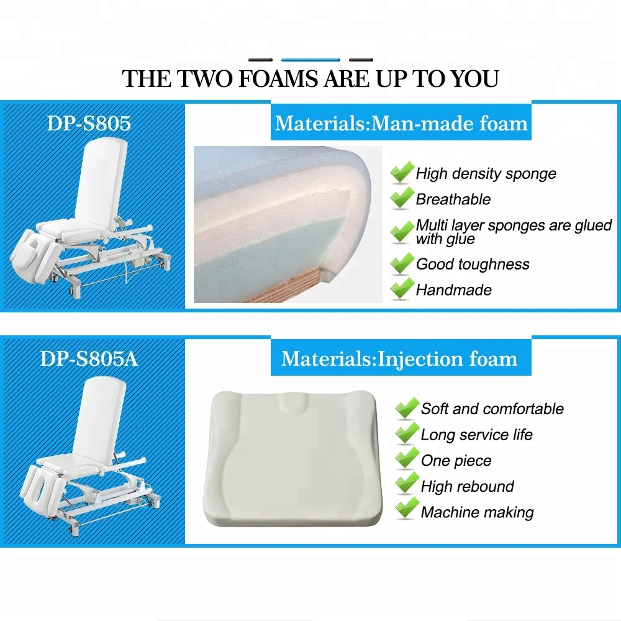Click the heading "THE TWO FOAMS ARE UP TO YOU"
[310, 79]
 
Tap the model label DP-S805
[89, 123]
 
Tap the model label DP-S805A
[89, 358]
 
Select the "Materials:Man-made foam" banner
[401, 123]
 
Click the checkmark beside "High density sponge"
[402, 173]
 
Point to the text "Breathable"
[453, 199]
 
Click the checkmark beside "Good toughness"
[402, 263]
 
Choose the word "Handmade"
[453, 289]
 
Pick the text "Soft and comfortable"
[492, 409]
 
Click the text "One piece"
[456, 461]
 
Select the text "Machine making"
[477, 512]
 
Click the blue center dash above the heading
[310, 60]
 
